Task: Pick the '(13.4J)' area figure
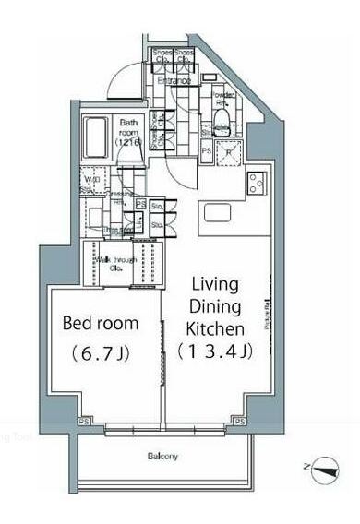211,351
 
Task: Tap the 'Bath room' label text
127,133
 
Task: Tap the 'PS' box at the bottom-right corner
239,422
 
